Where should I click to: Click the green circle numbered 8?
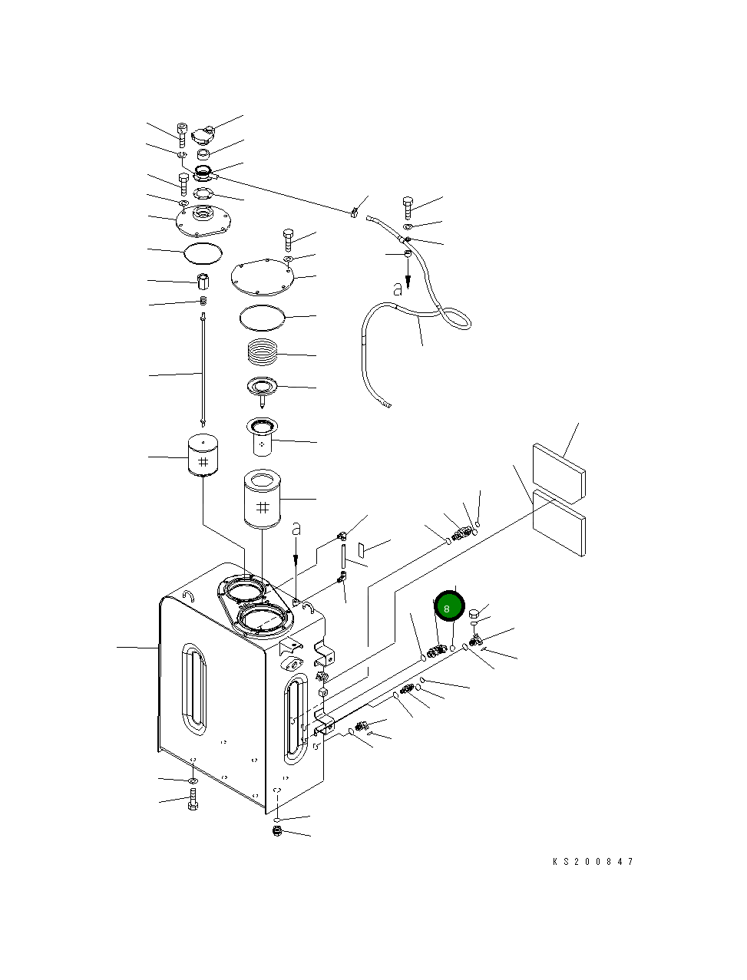tap(450, 606)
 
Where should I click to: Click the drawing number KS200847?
tap(593, 862)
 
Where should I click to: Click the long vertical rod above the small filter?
tap(203, 368)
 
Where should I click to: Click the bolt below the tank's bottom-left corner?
tap(193, 806)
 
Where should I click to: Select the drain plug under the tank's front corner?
tap(278, 833)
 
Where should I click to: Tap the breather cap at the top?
tap(203, 136)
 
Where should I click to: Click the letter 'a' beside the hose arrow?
tap(397, 290)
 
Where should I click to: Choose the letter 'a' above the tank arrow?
tap(297, 529)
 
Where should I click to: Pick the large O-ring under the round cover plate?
tap(263, 315)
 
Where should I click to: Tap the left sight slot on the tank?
tap(194, 691)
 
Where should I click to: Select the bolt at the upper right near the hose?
tap(408, 207)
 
